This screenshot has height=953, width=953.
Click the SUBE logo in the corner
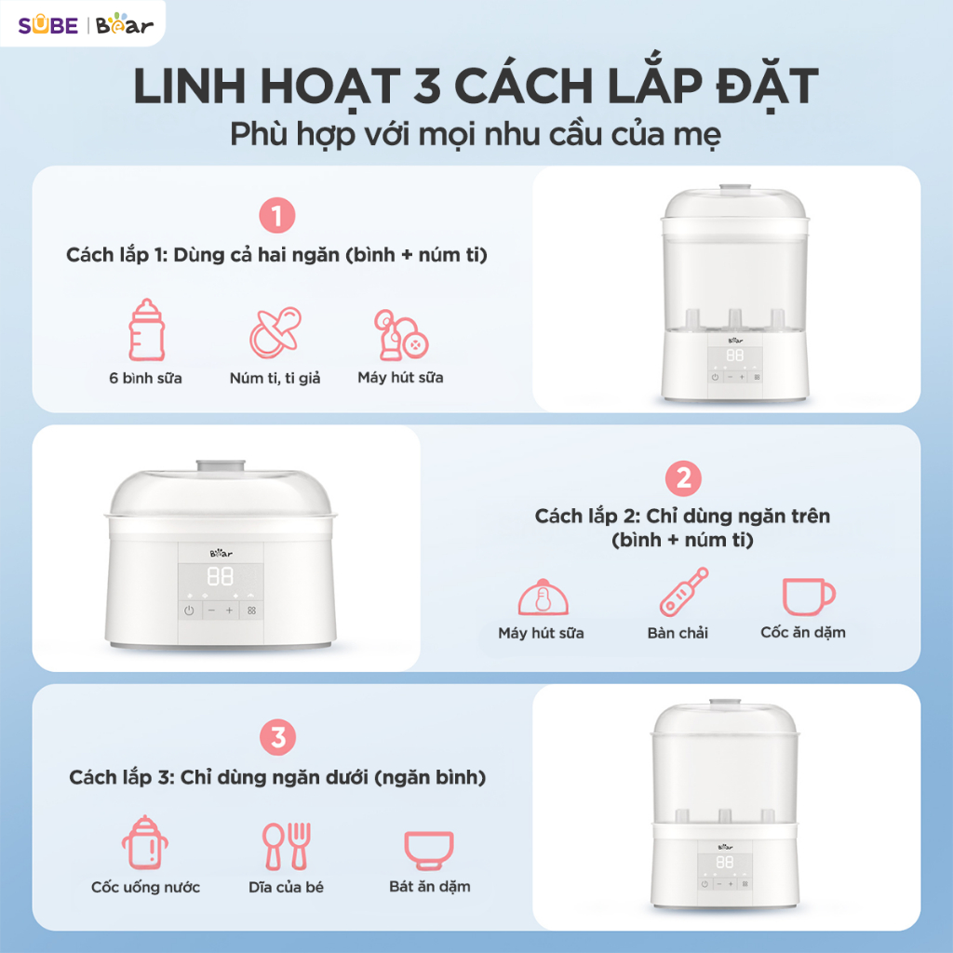click(48, 25)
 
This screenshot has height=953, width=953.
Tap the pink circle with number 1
click(277, 216)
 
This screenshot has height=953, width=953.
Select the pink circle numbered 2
click(684, 478)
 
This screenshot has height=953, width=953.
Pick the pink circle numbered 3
click(277, 737)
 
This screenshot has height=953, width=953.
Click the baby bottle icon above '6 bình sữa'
click(146, 330)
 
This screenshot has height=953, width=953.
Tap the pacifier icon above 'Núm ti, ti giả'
click(275, 332)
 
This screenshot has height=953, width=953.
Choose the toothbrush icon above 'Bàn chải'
click(684, 591)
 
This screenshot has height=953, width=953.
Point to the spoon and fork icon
click(287, 845)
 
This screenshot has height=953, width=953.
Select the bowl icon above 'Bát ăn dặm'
click(429, 850)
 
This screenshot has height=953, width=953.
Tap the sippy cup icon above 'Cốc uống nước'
click(144, 842)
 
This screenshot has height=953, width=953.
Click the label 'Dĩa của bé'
click(287, 887)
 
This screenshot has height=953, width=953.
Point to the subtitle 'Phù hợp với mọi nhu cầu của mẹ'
click(476, 135)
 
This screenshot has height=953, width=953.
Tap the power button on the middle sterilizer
click(189, 611)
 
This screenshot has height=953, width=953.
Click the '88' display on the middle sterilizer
click(220, 576)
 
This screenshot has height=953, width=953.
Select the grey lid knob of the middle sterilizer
click(221, 466)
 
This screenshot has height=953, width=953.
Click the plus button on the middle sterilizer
click(229, 611)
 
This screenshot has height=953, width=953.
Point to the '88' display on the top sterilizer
click(735, 355)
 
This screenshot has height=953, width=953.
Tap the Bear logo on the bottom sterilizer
click(725, 847)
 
